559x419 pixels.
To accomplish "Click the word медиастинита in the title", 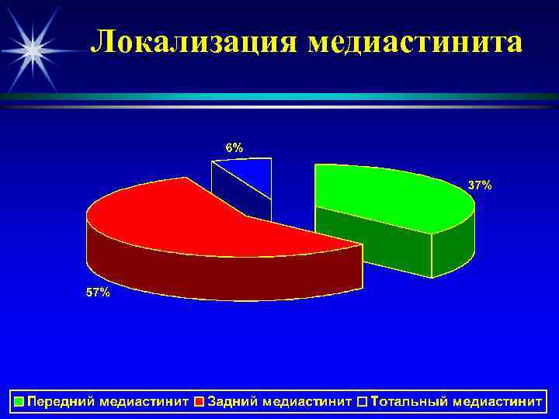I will click(415, 43).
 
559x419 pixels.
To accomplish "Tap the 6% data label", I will click(234, 147).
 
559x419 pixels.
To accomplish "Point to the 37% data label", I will click(479, 185).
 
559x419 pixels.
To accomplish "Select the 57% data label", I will click(98, 293).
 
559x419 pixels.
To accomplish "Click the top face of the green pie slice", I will click(388, 194).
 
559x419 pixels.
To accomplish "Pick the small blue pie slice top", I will click(252, 172).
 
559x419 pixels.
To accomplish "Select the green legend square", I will click(19, 402).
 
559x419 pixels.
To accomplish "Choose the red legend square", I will click(200, 402).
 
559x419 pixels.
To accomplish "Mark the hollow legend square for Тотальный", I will click(363, 402).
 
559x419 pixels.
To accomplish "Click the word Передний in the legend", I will click(58, 402).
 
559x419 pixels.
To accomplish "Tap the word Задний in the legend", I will click(232, 402).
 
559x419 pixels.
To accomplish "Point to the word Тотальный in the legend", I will click(408, 402).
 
